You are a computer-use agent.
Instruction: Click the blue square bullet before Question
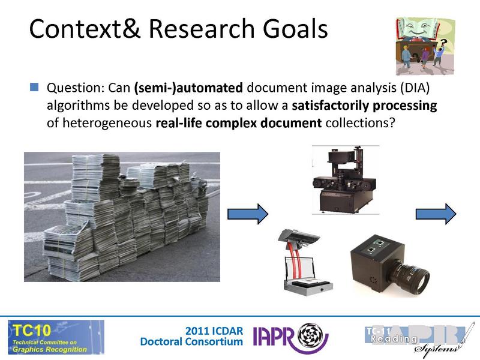34,88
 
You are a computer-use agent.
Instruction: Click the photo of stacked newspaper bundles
122,216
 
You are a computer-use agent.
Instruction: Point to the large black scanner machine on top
345,180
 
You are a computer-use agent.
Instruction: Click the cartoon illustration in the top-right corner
425,46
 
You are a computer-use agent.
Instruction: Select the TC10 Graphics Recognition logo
55,337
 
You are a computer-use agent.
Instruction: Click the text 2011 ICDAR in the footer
214,331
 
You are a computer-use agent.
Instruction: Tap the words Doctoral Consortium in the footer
191,341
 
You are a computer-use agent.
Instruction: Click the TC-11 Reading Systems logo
415,338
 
